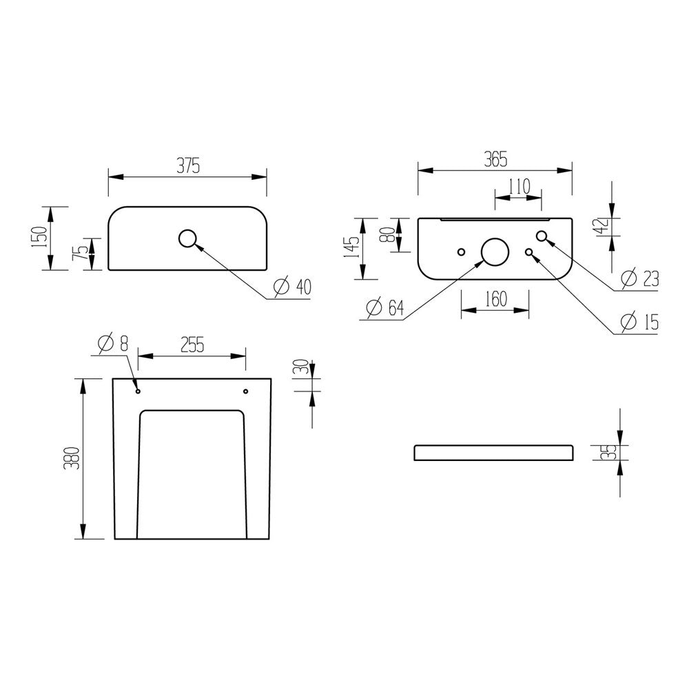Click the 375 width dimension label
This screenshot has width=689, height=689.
coord(188,167)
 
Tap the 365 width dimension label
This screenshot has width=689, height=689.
coord(495,159)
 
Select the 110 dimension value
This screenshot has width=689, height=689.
coord(520,187)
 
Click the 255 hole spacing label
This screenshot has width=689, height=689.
coord(192,344)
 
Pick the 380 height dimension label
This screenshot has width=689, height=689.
coord(72,458)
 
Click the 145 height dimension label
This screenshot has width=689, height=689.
coord(353,247)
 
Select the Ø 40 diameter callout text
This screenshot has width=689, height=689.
coord(292,287)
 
